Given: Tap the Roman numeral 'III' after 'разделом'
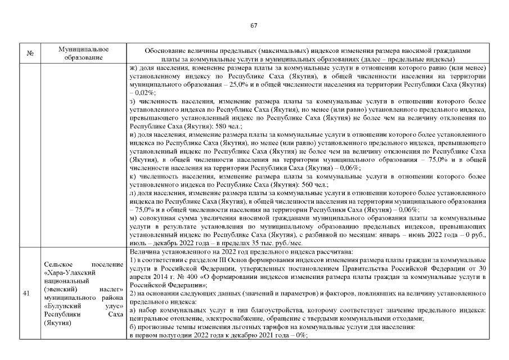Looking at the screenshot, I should point(212,260).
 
